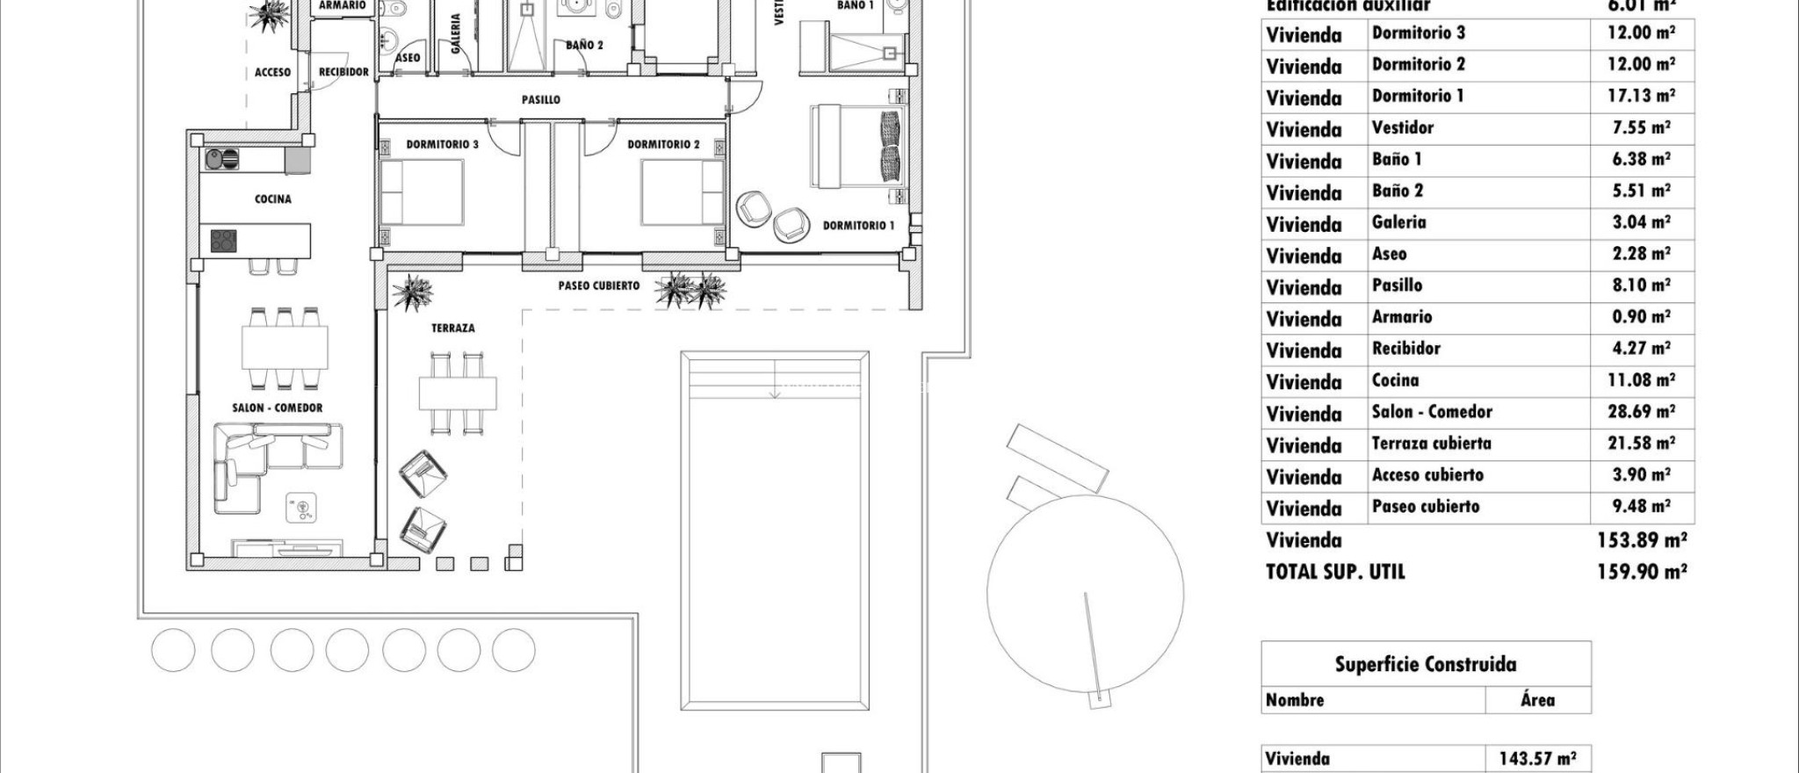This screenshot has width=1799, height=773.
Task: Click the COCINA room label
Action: [272, 199]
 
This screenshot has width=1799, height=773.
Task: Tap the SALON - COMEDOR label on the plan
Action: [277, 408]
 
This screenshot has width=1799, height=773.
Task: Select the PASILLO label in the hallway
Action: [540, 100]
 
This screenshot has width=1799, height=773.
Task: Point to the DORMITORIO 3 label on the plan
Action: [442, 144]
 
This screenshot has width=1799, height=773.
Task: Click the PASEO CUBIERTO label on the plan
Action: [598, 285]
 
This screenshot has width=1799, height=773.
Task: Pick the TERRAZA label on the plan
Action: [452, 329]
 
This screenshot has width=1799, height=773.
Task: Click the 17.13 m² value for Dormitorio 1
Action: [1641, 96]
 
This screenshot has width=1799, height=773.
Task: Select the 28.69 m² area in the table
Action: [1641, 412]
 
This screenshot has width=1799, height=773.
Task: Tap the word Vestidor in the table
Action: [1402, 127]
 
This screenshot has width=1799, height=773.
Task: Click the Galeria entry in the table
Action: [1398, 222]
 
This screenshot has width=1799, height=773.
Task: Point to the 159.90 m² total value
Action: [1641, 572]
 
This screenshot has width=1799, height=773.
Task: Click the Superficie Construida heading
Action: [1425, 664]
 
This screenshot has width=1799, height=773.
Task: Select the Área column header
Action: [1537, 700]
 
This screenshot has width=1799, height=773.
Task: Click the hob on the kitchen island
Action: [224, 240]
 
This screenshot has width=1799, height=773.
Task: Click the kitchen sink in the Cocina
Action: [220, 159]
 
